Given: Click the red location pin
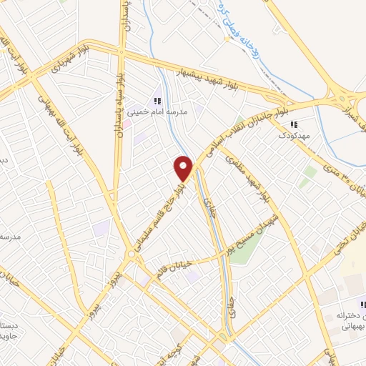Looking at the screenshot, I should tap(184, 167).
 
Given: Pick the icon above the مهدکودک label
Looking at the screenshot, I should tap(293, 124).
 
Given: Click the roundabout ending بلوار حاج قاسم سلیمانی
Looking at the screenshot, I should tap(132, 254).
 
